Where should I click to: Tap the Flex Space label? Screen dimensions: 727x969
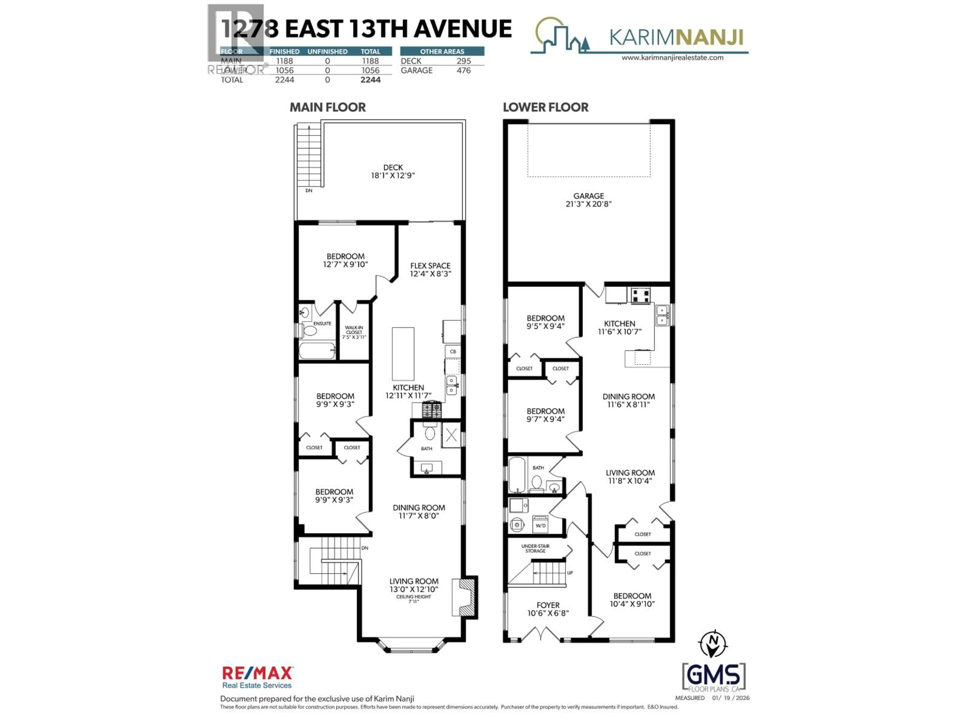430,266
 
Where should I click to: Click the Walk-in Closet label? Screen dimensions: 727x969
354,332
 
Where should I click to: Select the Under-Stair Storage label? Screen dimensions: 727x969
535,548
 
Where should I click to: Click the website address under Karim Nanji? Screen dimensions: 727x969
672,57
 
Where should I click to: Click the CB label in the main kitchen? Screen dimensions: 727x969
453,351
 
